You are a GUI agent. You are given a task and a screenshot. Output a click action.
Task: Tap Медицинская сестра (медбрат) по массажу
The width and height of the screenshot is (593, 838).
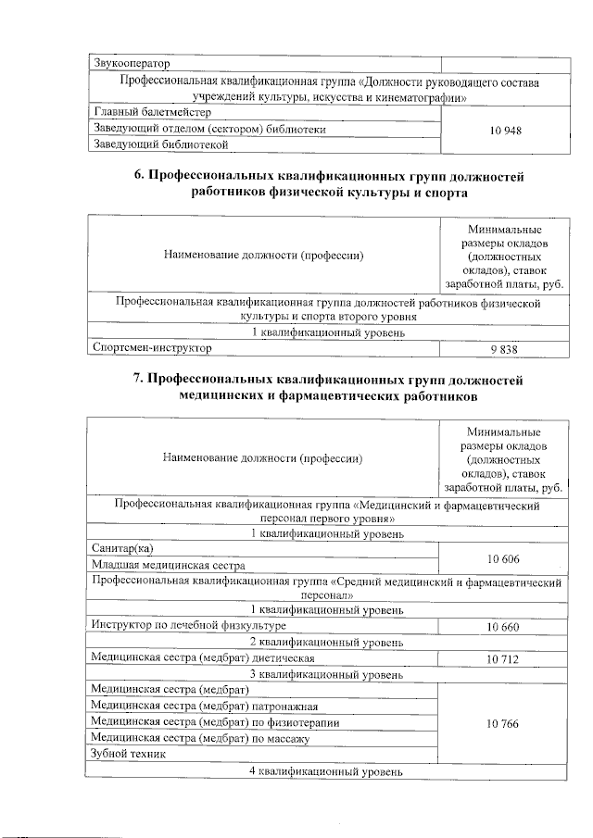point(199,738)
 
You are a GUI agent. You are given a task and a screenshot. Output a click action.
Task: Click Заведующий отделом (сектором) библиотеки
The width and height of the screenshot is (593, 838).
point(208,130)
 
